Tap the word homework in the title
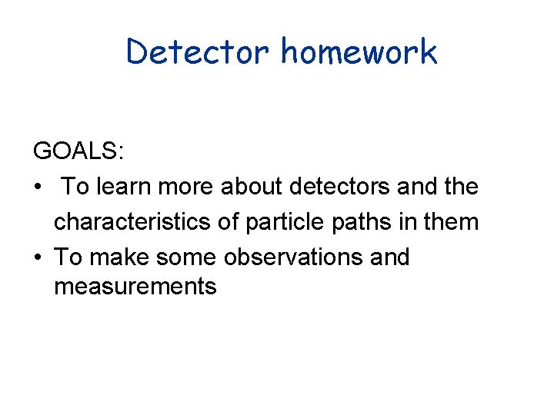(x=359, y=51)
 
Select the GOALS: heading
(x=78, y=151)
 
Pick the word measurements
(x=135, y=287)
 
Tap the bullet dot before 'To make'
(x=37, y=257)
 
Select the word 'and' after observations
(x=389, y=257)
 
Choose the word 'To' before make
(x=65, y=257)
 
